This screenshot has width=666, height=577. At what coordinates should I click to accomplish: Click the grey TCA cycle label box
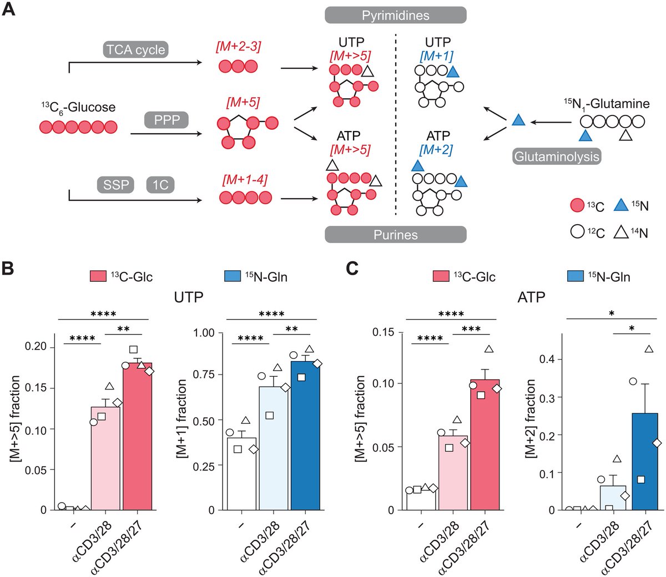(x=135, y=49)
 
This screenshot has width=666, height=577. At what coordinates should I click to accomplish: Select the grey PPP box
(x=167, y=119)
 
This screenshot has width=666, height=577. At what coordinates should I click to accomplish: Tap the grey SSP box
(x=116, y=184)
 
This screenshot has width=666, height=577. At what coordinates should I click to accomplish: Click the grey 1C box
(x=160, y=184)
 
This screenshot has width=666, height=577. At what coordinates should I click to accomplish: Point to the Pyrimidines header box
(x=395, y=15)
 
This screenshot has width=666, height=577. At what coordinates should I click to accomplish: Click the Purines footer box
(x=395, y=235)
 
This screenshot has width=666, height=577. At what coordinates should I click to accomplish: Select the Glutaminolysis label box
(x=557, y=156)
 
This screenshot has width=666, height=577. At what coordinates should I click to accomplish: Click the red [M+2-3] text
(x=238, y=47)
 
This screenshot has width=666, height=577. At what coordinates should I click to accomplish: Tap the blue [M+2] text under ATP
(x=436, y=150)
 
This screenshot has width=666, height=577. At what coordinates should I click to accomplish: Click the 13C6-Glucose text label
(x=78, y=107)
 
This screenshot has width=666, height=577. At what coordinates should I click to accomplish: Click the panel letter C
(x=352, y=269)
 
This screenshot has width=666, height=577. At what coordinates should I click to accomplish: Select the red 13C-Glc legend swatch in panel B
(x=98, y=276)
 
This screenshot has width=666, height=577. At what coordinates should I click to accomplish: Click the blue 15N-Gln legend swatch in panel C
(x=576, y=276)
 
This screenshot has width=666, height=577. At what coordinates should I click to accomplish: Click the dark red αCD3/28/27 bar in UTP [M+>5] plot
(x=137, y=438)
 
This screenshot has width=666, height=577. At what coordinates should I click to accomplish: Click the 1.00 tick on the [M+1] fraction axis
(x=204, y=333)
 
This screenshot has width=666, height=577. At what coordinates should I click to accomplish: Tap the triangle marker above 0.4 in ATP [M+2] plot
(x=649, y=349)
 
